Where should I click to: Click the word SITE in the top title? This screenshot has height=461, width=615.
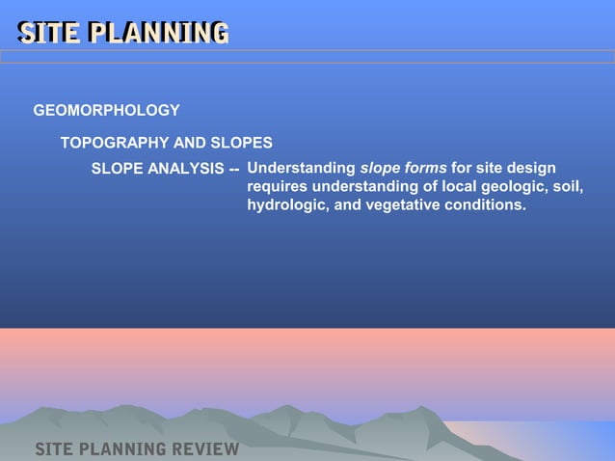pyautogui.click(x=50, y=33)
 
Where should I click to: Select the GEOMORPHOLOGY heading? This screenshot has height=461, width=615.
pyautogui.click(x=106, y=111)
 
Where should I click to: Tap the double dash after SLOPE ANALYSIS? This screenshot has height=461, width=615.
pyautogui.click(x=234, y=170)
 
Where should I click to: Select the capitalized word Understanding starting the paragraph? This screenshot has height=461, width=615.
pyautogui.click(x=301, y=169)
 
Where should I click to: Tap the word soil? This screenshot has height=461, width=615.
pyautogui.click(x=566, y=187)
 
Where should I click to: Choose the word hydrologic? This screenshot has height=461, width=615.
pyautogui.click(x=286, y=205)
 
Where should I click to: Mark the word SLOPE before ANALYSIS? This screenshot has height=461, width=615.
pyautogui.click(x=115, y=170)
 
